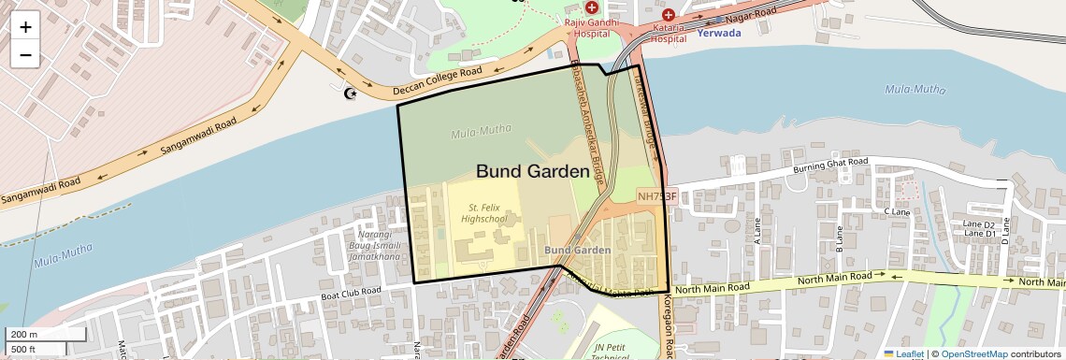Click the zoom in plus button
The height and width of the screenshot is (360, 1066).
[x=25, y=27]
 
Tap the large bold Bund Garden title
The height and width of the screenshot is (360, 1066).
[x=532, y=171]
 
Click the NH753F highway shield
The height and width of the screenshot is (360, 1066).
[x=656, y=196]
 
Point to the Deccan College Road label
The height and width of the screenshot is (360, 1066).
[x=437, y=79]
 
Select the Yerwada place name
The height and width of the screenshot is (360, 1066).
[x=719, y=33]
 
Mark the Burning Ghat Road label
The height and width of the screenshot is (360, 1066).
[x=830, y=165]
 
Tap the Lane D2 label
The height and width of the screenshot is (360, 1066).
[x=978, y=224]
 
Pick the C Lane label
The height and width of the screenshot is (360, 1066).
[x=897, y=212]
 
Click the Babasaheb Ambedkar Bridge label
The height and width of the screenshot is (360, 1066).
[x=587, y=122]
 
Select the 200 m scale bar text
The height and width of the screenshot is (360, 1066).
[x=23, y=334]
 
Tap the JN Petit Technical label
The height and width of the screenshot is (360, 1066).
[x=612, y=352]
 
